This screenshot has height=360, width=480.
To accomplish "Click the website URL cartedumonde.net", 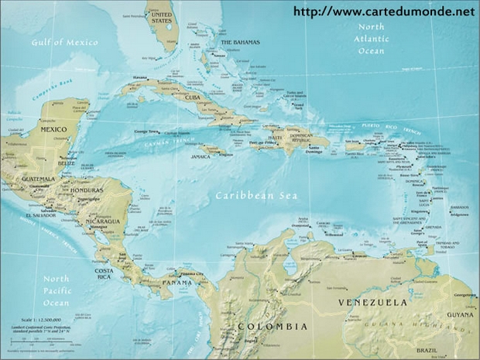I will [x=384, y=12].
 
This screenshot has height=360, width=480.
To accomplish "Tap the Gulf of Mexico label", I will [x=65, y=42].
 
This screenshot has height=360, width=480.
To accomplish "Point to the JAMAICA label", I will [x=201, y=156].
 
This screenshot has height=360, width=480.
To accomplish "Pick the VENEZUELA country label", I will [x=372, y=301].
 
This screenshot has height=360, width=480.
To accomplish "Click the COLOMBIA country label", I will [x=272, y=326].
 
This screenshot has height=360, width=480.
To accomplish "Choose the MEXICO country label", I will [x=54, y=129].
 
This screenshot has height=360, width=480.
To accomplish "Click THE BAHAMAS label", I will [x=240, y=42].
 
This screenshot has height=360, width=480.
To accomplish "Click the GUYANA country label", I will [x=458, y=316].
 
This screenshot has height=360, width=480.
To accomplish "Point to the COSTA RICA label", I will [x=106, y=275].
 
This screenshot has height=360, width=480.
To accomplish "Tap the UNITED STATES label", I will [x=160, y=19].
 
